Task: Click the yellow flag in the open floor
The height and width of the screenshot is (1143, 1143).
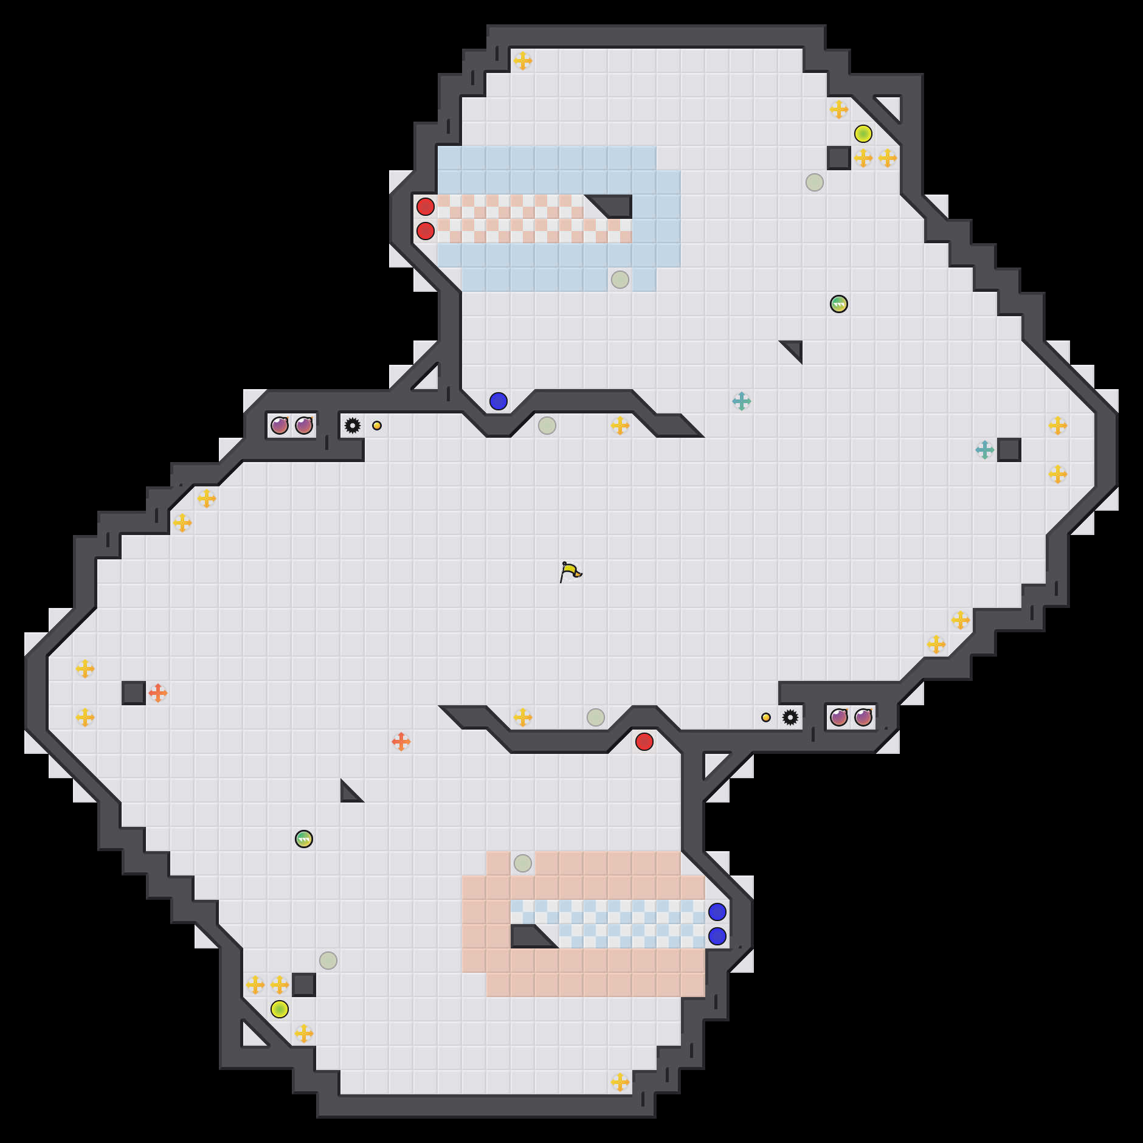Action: click(x=570, y=571)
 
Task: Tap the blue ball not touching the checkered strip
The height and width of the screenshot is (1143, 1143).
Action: click(x=499, y=401)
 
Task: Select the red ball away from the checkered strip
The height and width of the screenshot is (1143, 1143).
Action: click(x=644, y=742)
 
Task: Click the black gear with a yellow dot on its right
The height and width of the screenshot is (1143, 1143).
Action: click(x=353, y=426)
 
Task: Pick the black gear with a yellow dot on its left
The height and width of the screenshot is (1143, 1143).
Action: click(x=790, y=717)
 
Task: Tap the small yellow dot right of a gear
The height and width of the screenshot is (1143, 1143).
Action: click(x=377, y=426)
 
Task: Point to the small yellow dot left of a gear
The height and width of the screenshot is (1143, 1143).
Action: click(x=766, y=717)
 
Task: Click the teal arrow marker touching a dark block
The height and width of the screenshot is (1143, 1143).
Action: click(x=985, y=450)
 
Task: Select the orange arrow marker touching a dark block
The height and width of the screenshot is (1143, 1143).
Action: click(x=158, y=693)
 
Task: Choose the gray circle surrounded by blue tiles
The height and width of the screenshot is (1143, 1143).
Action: click(x=620, y=280)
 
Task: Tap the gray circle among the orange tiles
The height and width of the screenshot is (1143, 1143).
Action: click(x=523, y=863)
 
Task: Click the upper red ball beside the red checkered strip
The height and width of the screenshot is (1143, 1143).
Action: click(x=426, y=207)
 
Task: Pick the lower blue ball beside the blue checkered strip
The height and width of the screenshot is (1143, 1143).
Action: click(x=717, y=936)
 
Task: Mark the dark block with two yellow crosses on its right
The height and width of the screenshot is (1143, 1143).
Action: click(x=839, y=158)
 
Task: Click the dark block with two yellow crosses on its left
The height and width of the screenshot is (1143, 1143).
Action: click(x=304, y=985)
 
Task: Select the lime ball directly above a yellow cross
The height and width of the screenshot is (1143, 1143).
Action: click(x=863, y=134)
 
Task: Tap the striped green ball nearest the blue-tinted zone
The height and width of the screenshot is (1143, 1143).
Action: click(x=839, y=304)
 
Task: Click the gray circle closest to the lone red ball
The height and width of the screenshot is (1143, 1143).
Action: click(x=596, y=717)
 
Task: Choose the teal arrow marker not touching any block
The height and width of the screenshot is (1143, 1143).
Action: click(x=742, y=401)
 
